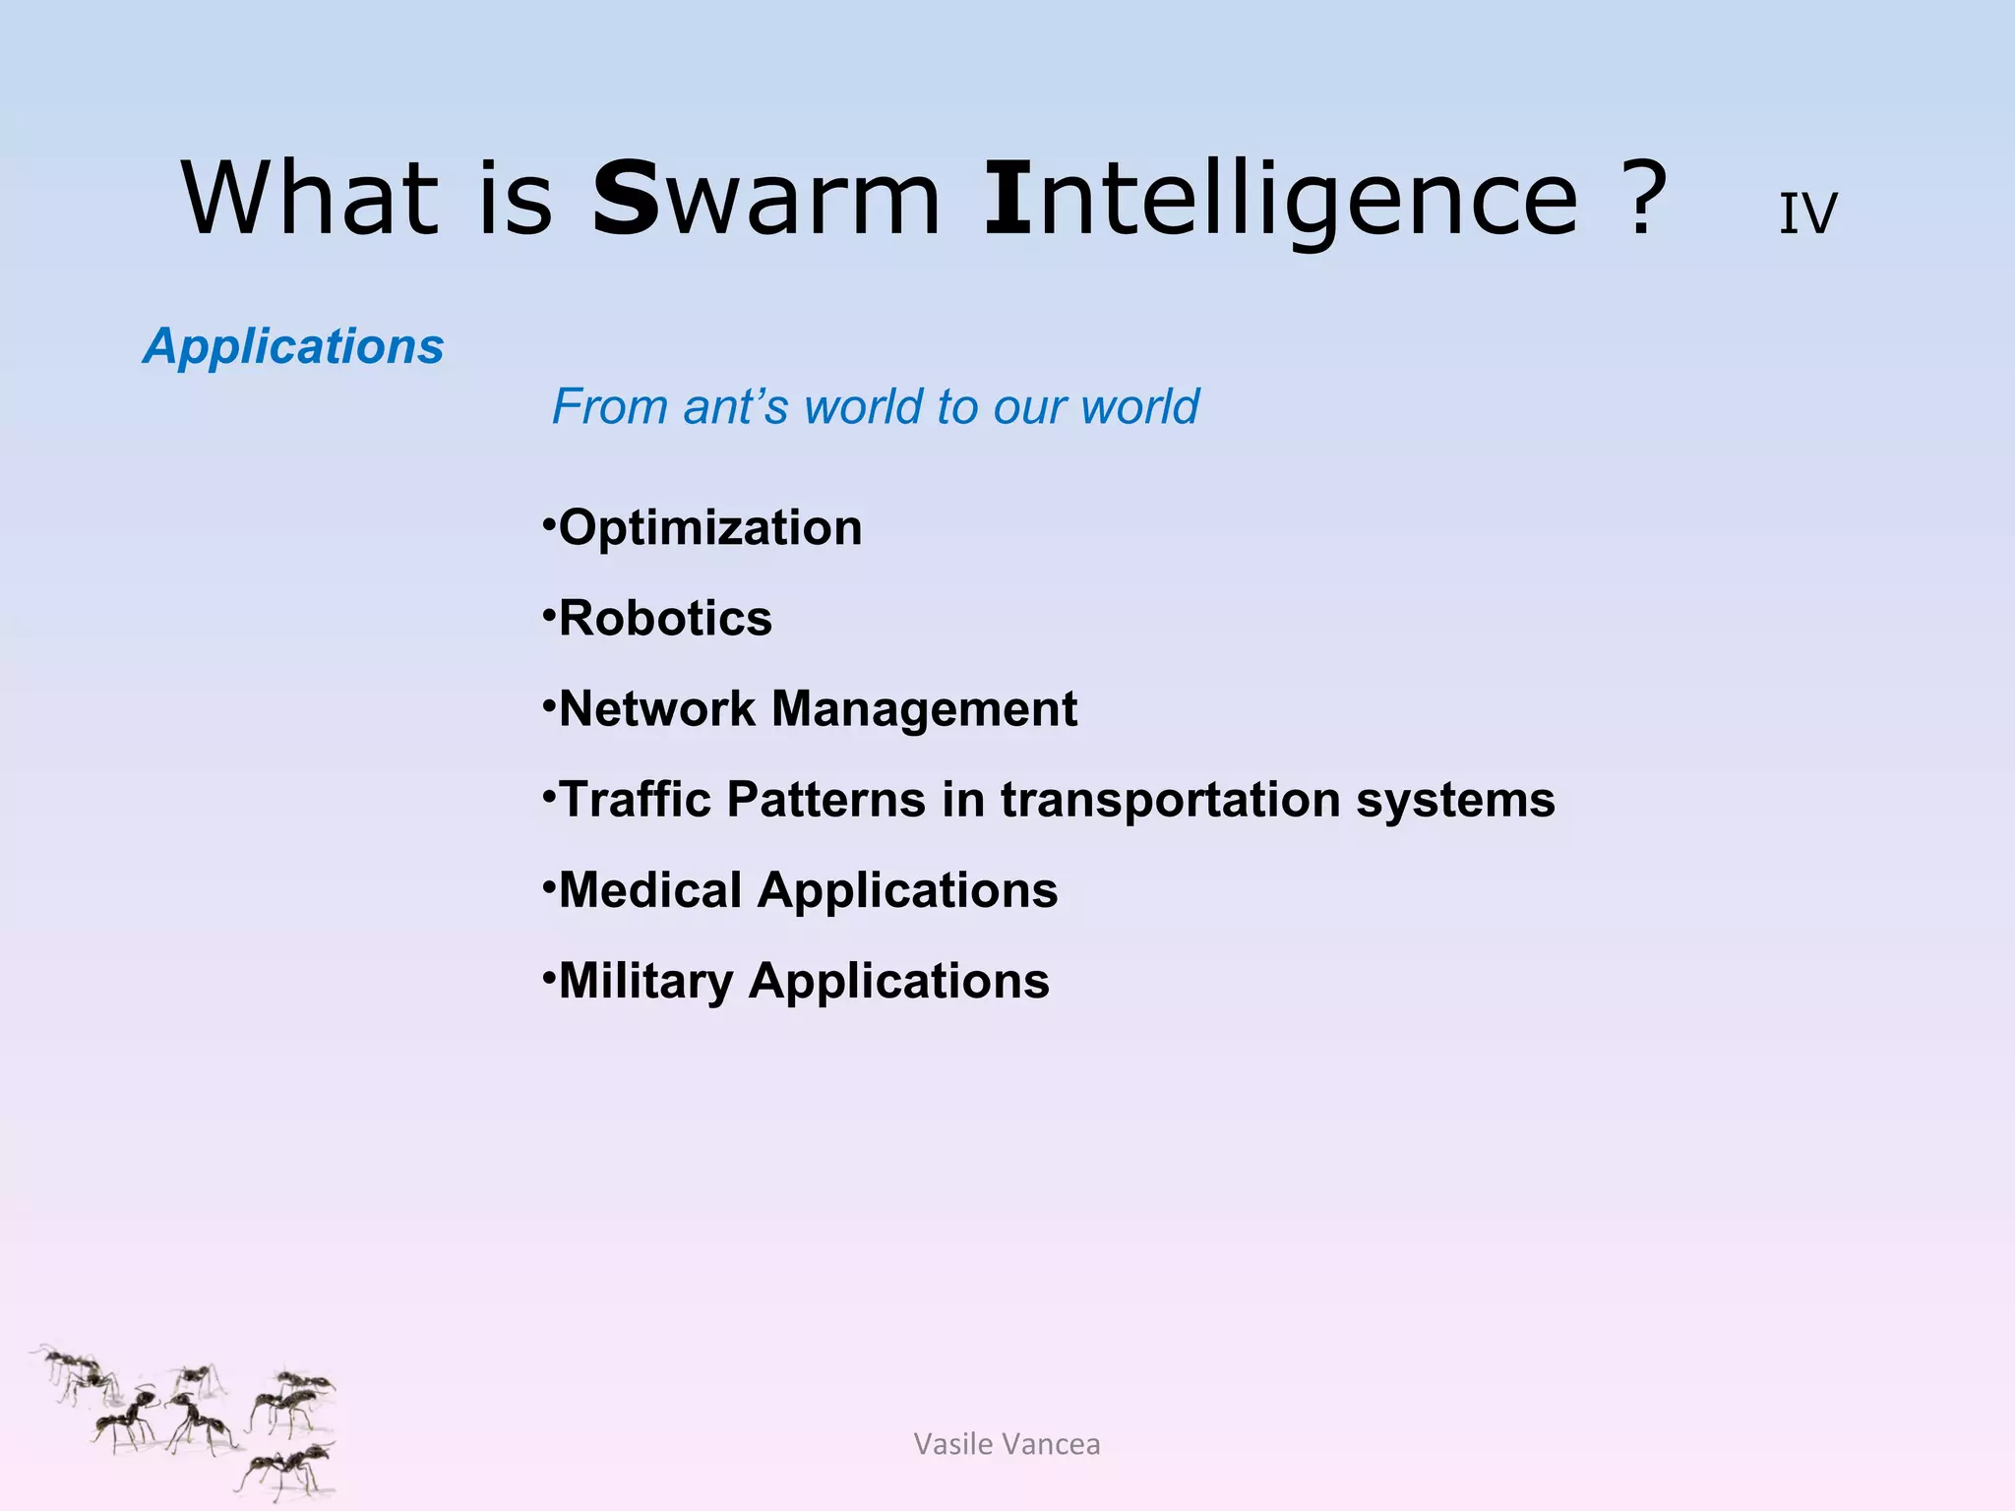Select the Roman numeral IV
[1807, 213]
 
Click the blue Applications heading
[293, 346]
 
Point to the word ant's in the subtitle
[736, 406]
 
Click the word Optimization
[709, 528]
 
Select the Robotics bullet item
[665, 619]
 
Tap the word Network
[656, 709]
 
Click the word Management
[924, 709]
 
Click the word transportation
[1171, 799]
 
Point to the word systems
[1456, 799]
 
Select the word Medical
[650, 890]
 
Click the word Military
[645, 981]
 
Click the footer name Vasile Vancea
[1007, 1444]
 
